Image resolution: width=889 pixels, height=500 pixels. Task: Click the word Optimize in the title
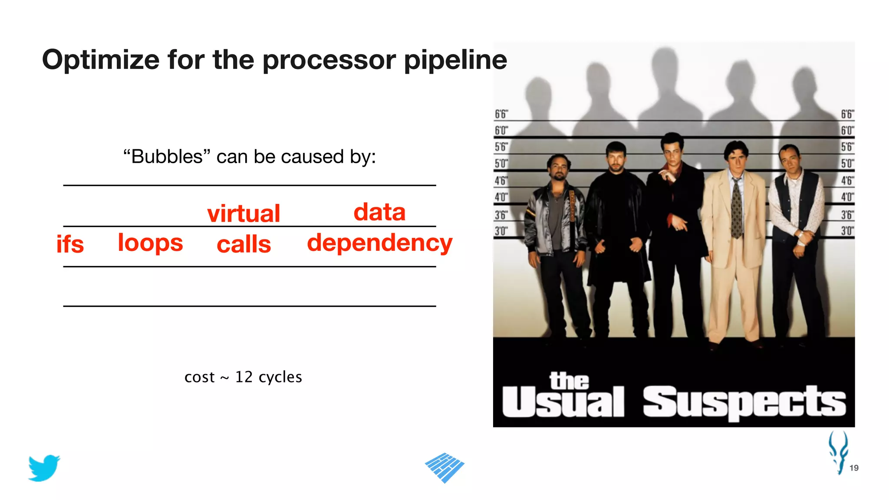(x=101, y=60)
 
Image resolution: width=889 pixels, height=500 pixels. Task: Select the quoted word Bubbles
(x=167, y=157)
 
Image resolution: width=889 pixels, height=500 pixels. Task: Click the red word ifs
(x=70, y=244)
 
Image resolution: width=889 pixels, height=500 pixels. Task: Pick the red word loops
(x=150, y=243)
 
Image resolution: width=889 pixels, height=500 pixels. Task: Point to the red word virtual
(x=244, y=214)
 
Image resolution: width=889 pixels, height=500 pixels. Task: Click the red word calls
(x=244, y=244)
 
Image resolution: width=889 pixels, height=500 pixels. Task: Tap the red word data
(x=379, y=212)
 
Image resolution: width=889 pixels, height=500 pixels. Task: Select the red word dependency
(x=379, y=243)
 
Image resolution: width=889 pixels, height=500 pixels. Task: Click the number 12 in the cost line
(x=244, y=377)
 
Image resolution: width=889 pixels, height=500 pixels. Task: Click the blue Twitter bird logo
(x=44, y=468)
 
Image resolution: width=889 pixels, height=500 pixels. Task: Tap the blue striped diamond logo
(x=444, y=467)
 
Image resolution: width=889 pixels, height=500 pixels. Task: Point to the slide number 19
(x=854, y=468)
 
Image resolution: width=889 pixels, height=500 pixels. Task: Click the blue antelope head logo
(x=838, y=451)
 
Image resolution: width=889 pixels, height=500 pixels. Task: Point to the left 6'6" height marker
(x=501, y=114)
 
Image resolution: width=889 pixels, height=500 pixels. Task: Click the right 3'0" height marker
(x=847, y=230)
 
